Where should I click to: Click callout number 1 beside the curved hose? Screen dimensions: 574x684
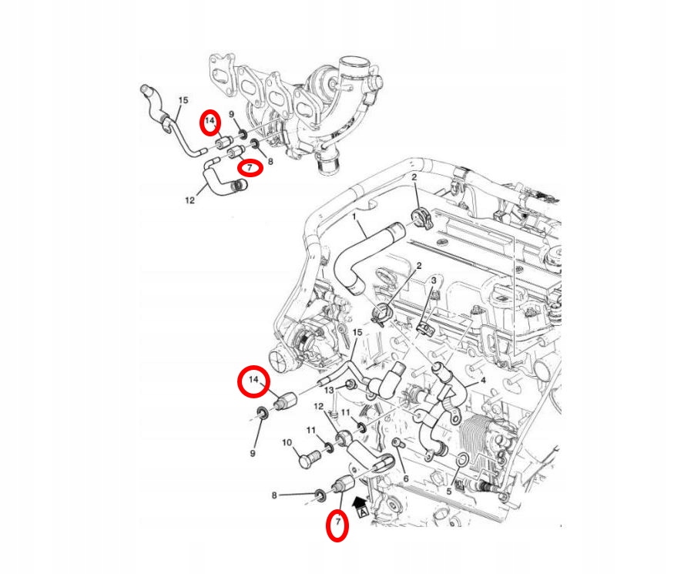(355, 218)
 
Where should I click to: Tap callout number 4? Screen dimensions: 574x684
(483, 380)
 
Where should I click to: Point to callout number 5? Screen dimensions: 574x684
(449, 491)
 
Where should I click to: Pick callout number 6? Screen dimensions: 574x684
(406, 478)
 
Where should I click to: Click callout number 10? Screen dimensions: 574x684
(287, 443)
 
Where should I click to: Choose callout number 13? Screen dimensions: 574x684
(329, 391)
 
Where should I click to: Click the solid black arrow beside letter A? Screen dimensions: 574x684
(359, 502)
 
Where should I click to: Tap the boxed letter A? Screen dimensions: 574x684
(362, 512)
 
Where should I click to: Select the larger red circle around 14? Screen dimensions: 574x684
(253, 381)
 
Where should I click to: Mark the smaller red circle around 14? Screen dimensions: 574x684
(210, 122)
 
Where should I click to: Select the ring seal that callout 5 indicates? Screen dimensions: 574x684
(461, 461)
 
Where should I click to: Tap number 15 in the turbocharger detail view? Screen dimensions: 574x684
(183, 100)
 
